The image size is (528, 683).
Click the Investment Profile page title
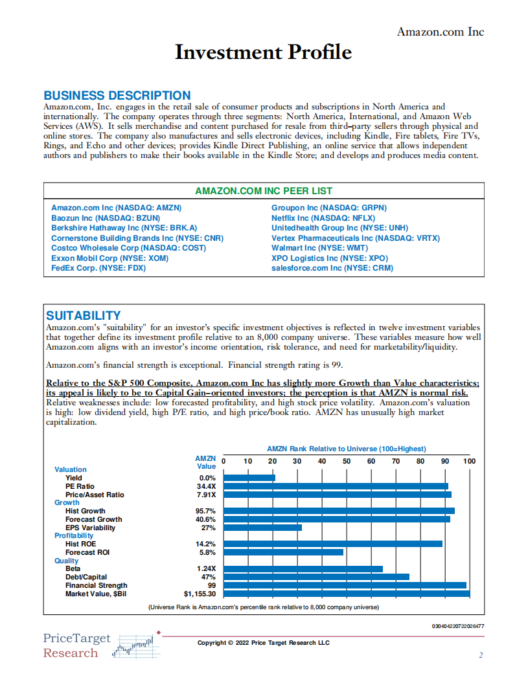tap(263, 52)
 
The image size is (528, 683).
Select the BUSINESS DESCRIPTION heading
tap(117, 96)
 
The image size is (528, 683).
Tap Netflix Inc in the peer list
tap(323, 218)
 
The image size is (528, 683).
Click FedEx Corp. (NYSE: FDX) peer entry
tap(98, 267)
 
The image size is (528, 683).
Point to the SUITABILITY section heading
tap(83, 315)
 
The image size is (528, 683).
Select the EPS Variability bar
tap(262, 528)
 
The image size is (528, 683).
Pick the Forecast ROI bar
tap(283, 552)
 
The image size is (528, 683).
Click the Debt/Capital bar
tap(316, 577)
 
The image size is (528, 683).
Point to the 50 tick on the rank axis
tap(347, 461)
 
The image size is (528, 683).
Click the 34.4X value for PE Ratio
tap(206, 486)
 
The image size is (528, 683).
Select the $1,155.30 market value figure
tap(200, 594)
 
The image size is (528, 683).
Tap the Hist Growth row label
tap(85, 511)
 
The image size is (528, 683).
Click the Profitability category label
tap(74, 535)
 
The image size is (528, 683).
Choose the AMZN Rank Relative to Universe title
tap(346, 449)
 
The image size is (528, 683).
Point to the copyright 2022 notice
tap(263, 642)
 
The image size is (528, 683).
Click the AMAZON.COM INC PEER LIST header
tap(263, 191)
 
